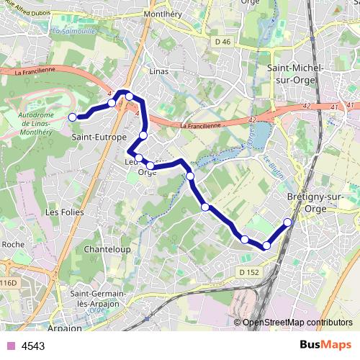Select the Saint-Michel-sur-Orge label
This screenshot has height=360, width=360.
click(x=295, y=73)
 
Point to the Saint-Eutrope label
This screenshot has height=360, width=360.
click(x=99, y=136)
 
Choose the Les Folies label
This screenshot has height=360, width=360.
click(x=64, y=212)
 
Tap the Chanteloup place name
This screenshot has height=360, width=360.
click(x=107, y=248)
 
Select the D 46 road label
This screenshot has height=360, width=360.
click(x=222, y=43)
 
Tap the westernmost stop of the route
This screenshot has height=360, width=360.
click(x=72, y=117)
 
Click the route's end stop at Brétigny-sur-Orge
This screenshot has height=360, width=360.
click(x=288, y=222)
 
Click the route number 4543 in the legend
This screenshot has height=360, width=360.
click(x=33, y=346)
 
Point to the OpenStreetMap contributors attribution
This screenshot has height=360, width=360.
click(x=297, y=322)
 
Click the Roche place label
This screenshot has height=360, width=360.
click(x=12, y=245)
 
